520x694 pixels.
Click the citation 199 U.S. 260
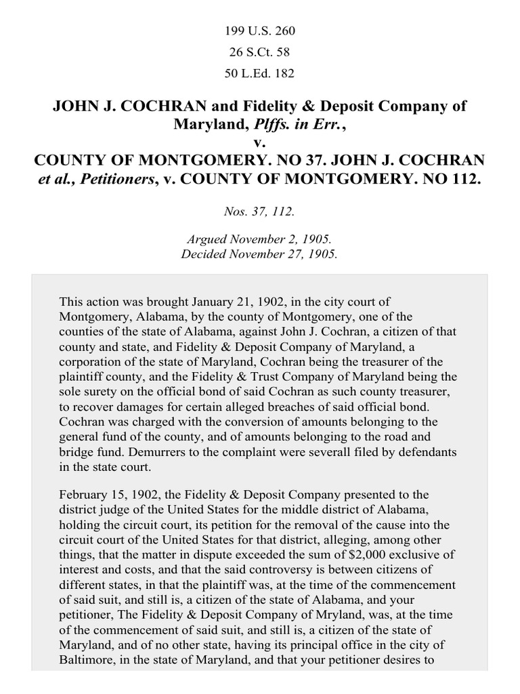point(260,31)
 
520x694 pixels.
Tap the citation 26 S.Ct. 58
point(260,52)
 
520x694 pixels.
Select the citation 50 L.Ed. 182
point(260,73)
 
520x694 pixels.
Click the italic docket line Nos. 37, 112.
point(260,211)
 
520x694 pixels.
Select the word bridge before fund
point(77,451)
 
